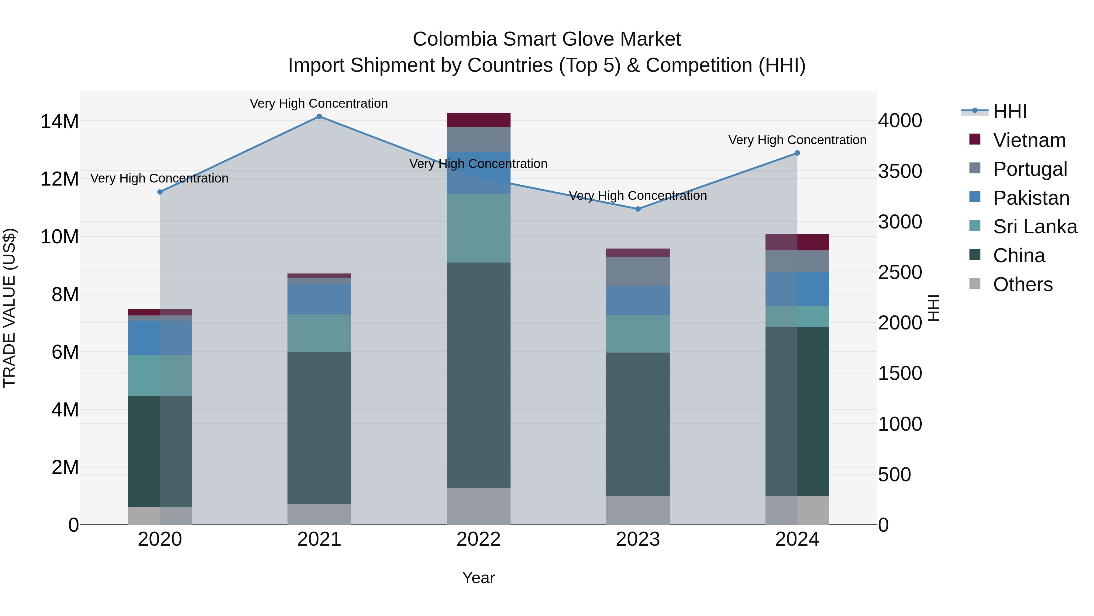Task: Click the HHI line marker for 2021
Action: (319, 117)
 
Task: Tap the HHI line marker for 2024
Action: (797, 153)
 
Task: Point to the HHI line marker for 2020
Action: (160, 192)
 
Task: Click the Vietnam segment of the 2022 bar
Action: (478, 120)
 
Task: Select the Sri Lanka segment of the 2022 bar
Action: (478, 228)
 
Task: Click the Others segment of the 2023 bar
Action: (638, 510)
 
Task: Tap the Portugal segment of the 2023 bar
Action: (638, 271)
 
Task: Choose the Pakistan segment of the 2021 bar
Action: (319, 298)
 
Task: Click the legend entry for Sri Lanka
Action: (1034, 227)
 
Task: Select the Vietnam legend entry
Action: (1029, 140)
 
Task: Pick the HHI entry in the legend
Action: (1010, 111)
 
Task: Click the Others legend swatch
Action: (975, 284)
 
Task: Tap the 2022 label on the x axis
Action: (478, 539)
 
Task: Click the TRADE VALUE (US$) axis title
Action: (9, 308)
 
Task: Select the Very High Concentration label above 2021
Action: (318, 103)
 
